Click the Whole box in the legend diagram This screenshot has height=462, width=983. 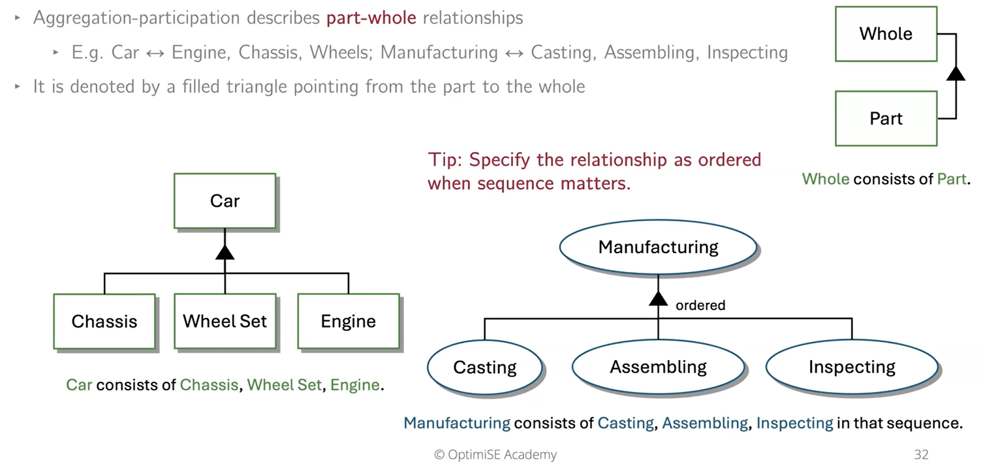pos(886,34)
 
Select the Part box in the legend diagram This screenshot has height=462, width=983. pos(886,118)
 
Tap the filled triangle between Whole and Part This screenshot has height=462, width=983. pos(956,73)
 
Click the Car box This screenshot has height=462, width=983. pos(225,201)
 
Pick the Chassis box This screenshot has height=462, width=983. pos(104,321)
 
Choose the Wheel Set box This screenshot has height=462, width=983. pos(225,321)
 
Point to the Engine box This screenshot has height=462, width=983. pos(348,321)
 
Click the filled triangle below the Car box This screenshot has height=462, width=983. pos(225,252)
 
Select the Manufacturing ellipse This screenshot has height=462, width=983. pos(658,247)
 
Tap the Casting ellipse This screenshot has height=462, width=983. pos(485,367)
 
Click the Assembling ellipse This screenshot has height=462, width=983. pos(658,367)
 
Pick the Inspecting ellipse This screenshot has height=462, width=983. pos(852,367)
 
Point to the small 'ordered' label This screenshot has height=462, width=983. pos(700,305)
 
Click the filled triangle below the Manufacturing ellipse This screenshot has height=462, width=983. pos(658,298)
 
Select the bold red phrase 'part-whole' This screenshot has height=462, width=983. pos(371,18)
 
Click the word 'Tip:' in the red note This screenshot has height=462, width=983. pos(446,160)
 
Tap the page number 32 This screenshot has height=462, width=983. pos(921,454)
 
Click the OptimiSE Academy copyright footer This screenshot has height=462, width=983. pos(495,454)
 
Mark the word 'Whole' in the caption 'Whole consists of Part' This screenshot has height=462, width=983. pos(826,179)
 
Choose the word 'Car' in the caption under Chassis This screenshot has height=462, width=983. pos(79,385)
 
